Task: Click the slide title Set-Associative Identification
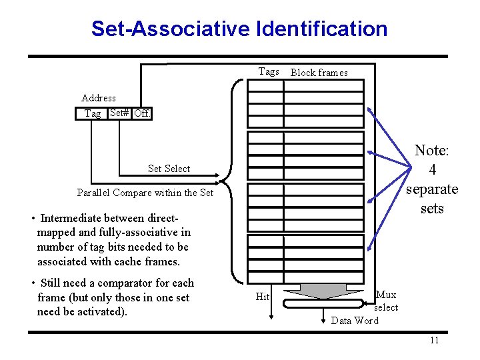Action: [x=239, y=29]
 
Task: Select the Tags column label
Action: [x=269, y=71]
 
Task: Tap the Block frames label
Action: [x=319, y=73]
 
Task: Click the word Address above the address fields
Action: [x=99, y=98]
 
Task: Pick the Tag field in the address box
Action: [x=93, y=113]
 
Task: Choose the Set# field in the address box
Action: [x=119, y=113]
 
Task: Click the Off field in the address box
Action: [x=141, y=113]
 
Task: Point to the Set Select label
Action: [x=169, y=169]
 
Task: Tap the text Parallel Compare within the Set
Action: [x=145, y=193]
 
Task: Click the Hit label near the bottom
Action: [x=263, y=297]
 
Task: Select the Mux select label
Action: [x=386, y=301]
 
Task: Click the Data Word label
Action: [x=355, y=321]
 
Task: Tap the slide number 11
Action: [x=434, y=341]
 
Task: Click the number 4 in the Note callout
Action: [x=432, y=171]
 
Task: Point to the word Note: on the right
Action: [x=432, y=151]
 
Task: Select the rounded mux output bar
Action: [x=325, y=304]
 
